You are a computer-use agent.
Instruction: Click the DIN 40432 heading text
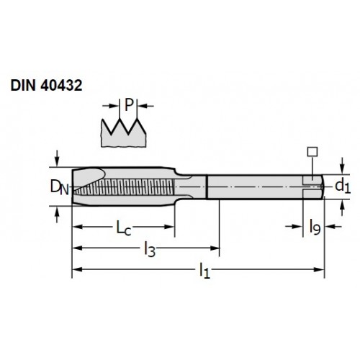coord(46,85)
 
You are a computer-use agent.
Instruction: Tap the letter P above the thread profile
coord(129,104)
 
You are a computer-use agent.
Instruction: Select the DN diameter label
coord(60,187)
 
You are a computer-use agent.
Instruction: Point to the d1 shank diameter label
coord(343,186)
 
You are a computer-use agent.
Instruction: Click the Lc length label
coord(124,228)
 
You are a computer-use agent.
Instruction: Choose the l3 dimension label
coord(150,250)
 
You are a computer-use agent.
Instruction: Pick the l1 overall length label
coord(204,271)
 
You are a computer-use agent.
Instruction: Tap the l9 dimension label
coord(315,227)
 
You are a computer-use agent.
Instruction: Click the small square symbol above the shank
coord(312,152)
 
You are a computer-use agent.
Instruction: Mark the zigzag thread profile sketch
coord(124,132)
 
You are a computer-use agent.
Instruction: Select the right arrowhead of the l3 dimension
coord(215,248)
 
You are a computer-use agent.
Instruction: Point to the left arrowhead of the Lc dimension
coord(78,227)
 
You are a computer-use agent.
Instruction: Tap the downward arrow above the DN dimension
coord(57,158)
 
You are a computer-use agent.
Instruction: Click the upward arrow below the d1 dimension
coord(343,208)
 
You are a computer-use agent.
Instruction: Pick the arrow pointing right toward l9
coord(294,226)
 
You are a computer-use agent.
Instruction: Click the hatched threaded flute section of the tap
coord(125,187)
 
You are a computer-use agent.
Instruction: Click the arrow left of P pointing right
coord(111,106)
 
